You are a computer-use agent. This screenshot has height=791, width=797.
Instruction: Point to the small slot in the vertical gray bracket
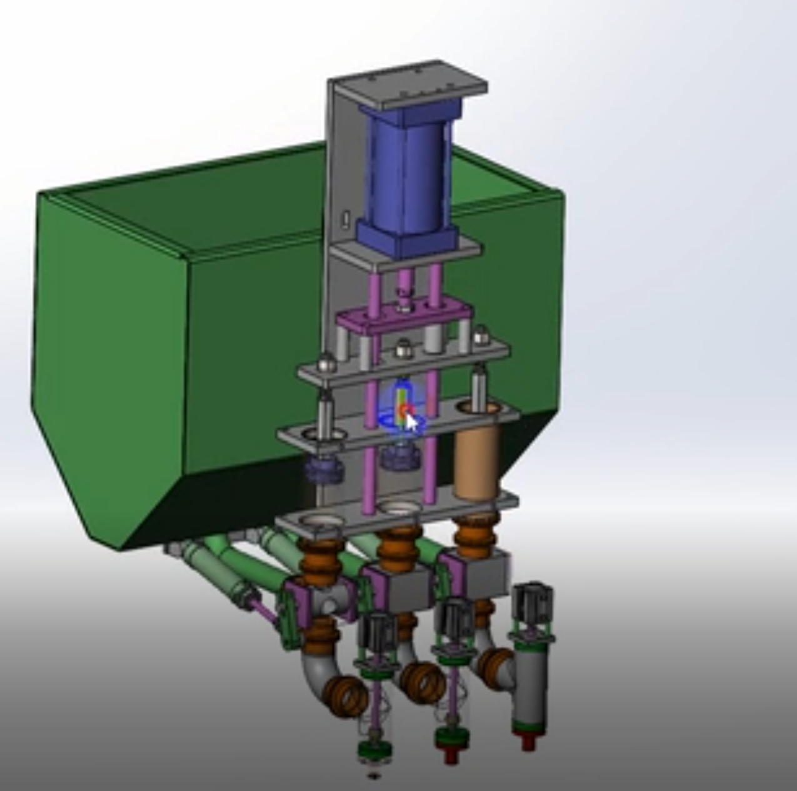click(x=344, y=218)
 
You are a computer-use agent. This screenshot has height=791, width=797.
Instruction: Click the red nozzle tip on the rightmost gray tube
click(x=527, y=742)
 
